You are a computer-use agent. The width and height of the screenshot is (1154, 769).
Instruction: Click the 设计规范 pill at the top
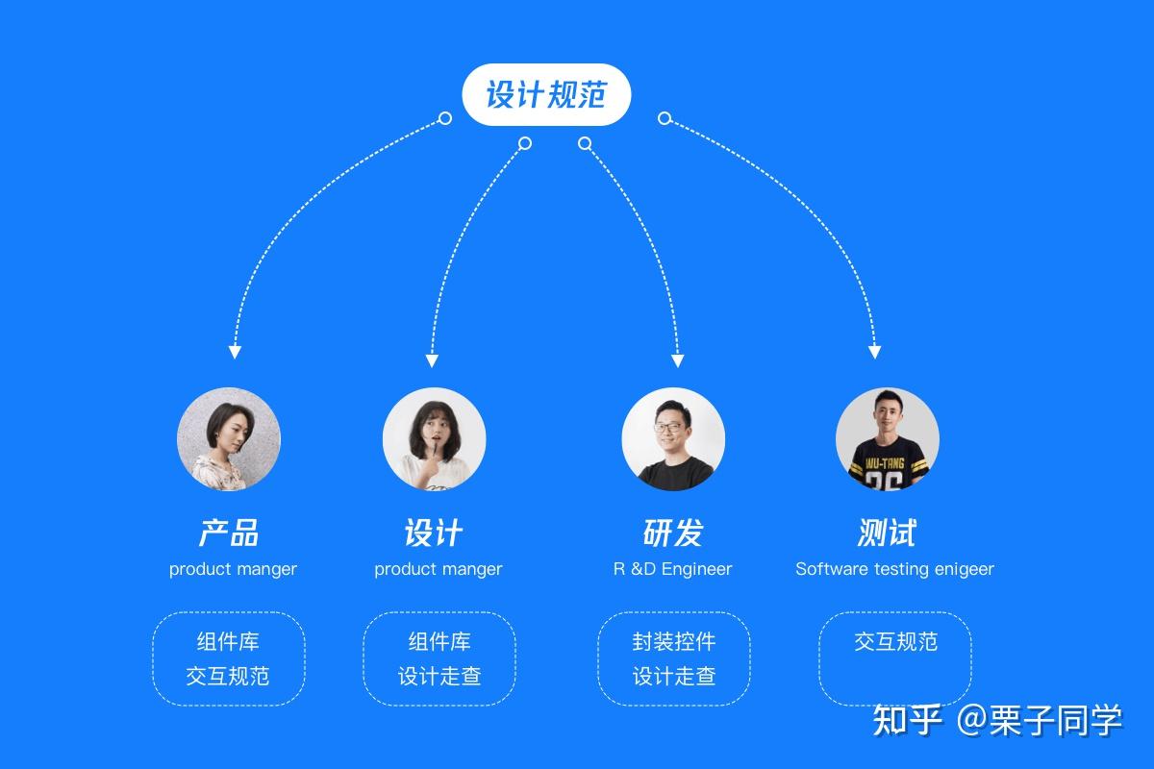coord(545,95)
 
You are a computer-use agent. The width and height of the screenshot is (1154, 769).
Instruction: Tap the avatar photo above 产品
coord(229,439)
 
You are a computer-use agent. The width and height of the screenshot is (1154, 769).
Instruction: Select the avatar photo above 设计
coord(435,439)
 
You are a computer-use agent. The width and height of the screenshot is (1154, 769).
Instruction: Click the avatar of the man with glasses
coord(673,439)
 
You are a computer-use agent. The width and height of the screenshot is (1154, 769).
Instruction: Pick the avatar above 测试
coord(887,439)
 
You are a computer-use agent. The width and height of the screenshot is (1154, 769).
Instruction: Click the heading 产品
coord(229,533)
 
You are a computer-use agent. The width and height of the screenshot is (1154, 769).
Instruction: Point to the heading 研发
coord(673,533)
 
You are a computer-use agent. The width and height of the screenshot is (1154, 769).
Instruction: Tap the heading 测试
coord(887,533)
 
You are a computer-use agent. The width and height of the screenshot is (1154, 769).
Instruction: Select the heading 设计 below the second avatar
coord(434,533)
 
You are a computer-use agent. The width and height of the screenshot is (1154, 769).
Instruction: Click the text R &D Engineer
coord(673,569)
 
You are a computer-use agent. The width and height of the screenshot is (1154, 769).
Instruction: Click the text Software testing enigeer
coord(894,569)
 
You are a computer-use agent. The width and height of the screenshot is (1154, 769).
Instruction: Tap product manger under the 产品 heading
coord(233,569)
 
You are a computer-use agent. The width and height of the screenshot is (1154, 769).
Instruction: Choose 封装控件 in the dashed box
coord(674,641)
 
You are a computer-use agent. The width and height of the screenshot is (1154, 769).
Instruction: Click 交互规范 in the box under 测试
coord(895,641)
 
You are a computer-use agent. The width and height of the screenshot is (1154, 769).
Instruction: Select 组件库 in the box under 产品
coord(228,641)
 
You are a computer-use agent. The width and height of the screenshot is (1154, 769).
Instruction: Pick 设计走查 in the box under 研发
coord(674,676)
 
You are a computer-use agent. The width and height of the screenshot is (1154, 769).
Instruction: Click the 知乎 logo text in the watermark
coord(908,719)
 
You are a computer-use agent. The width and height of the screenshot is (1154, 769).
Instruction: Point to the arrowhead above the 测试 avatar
coord(874,352)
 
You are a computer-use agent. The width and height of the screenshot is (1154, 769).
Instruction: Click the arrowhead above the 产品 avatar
coord(235,352)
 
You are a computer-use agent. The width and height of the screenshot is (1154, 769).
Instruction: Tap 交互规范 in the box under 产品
coord(228,676)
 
